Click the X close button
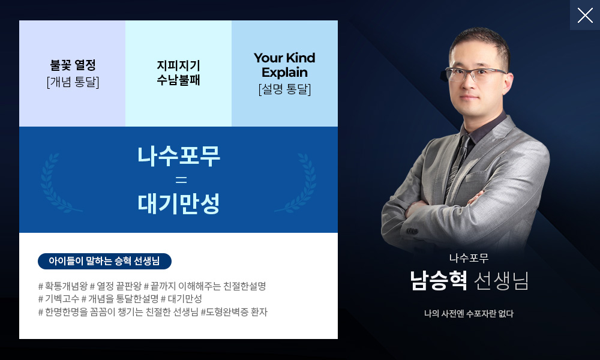click(x=584, y=16)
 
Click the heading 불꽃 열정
click(x=73, y=65)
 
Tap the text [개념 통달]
click(x=73, y=82)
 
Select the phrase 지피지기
click(x=178, y=66)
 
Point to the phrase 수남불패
click(x=178, y=80)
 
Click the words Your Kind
click(x=284, y=58)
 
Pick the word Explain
click(x=284, y=73)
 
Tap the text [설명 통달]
click(x=284, y=89)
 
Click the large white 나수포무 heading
click(x=179, y=156)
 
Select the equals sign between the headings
click(x=181, y=179)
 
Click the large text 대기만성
click(x=179, y=203)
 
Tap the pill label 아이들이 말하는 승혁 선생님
click(x=104, y=261)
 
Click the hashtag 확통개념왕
click(x=63, y=286)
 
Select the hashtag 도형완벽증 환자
click(x=234, y=312)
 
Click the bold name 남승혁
click(x=439, y=280)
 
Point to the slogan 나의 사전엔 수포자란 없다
click(x=469, y=314)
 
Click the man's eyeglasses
click(x=475, y=74)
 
